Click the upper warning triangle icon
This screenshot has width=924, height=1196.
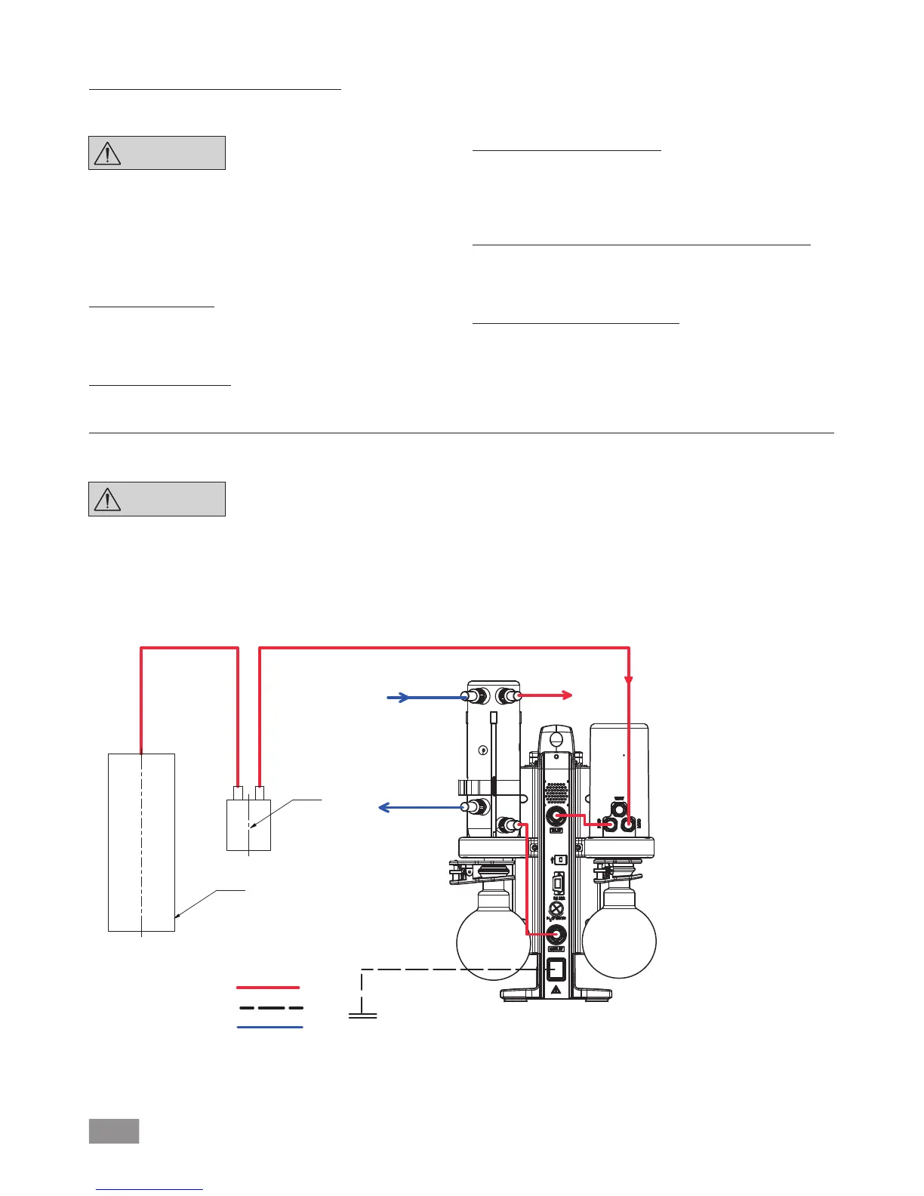pos(108,153)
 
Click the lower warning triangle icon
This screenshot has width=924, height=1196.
pos(108,499)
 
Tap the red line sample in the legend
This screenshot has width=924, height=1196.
pos(269,987)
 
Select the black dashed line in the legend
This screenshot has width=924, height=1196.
pos(270,1007)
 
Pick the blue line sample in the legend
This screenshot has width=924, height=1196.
pos(269,1027)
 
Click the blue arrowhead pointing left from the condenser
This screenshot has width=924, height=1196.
pos(384,808)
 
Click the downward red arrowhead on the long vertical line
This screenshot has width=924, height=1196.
pos(628,680)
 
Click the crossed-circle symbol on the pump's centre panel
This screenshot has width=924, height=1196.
pos(556,908)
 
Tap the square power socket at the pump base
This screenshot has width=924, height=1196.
pos(556,969)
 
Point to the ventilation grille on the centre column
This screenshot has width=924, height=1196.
pos(556,791)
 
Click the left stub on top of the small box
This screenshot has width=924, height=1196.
pos(238,794)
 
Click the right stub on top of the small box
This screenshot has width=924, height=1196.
pos(260,794)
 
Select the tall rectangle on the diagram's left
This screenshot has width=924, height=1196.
pos(141,842)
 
